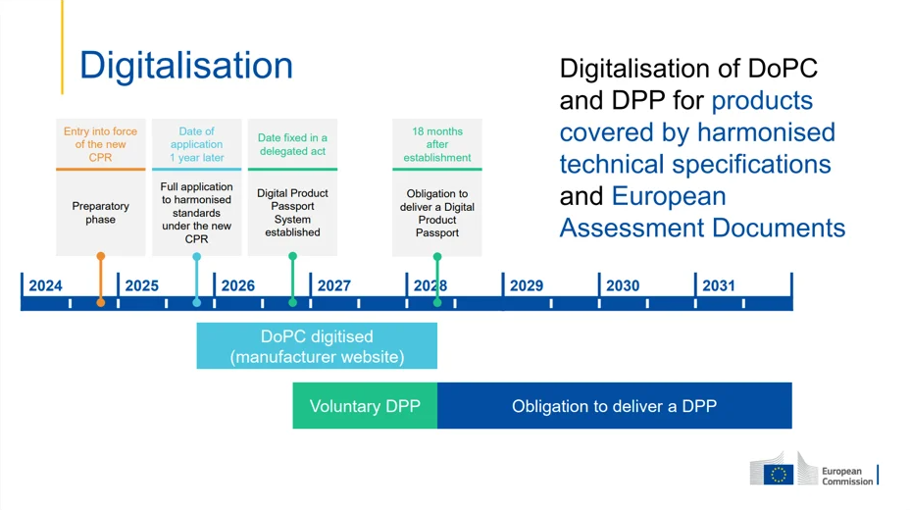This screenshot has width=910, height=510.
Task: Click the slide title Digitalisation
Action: [186, 66]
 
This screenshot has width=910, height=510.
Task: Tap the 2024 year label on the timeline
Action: [45, 285]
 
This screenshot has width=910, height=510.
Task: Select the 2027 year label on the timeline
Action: [333, 285]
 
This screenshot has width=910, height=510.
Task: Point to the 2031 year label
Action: [718, 285]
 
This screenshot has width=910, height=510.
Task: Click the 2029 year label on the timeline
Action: [526, 285]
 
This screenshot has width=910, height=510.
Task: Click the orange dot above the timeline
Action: [101, 256]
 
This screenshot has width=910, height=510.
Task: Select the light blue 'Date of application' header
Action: [196, 144]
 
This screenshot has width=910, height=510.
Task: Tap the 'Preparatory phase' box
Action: [101, 213]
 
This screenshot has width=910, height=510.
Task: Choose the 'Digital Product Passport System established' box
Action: [292, 213]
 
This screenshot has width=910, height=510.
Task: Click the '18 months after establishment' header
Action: [437, 144]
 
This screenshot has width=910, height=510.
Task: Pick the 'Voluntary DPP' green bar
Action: [365, 406]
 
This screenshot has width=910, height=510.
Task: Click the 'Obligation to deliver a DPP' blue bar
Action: [614, 406]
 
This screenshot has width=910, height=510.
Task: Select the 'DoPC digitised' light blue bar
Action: [317, 346]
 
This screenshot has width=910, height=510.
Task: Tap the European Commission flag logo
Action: [779, 474]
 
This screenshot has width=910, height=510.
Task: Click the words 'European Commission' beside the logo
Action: [846, 476]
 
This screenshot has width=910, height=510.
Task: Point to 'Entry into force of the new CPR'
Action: [101, 144]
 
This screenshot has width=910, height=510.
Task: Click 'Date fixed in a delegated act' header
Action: [292, 144]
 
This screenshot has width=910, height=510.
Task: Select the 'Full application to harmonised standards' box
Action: [196, 213]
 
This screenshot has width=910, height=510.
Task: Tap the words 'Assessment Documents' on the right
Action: [702, 228]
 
